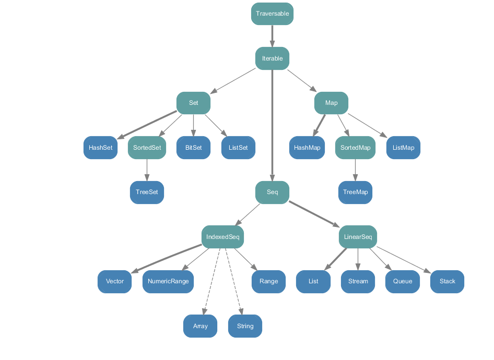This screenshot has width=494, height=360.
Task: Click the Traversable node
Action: click(x=272, y=14)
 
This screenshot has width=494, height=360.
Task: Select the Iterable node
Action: click(x=272, y=58)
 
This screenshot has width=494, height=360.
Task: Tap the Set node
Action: click(x=193, y=103)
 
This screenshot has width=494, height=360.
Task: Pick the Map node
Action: click(x=331, y=103)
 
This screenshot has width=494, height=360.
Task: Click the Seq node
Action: click(x=272, y=192)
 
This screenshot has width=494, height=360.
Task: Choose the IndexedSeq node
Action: click(x=222, y=237)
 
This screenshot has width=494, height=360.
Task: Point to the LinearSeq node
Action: click(x=358, y=237)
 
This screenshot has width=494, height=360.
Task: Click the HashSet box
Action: click(x=100, y=148)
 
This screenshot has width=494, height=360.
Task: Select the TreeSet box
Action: click(x=147, y=192)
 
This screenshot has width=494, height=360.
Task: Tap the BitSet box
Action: click(x=193, y=148)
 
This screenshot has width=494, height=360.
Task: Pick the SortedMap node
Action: click(x=355, y=148)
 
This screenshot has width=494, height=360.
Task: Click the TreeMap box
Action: click(x=355, y=192)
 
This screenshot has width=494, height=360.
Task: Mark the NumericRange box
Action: click(x=168, y=281)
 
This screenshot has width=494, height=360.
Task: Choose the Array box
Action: click(x=200, y=326)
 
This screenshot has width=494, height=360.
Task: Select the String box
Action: click(x=245, y=326)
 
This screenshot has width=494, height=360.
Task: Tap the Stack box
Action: click(x=447, y=281)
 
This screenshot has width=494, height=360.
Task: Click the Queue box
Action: click(x=402, y=281)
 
